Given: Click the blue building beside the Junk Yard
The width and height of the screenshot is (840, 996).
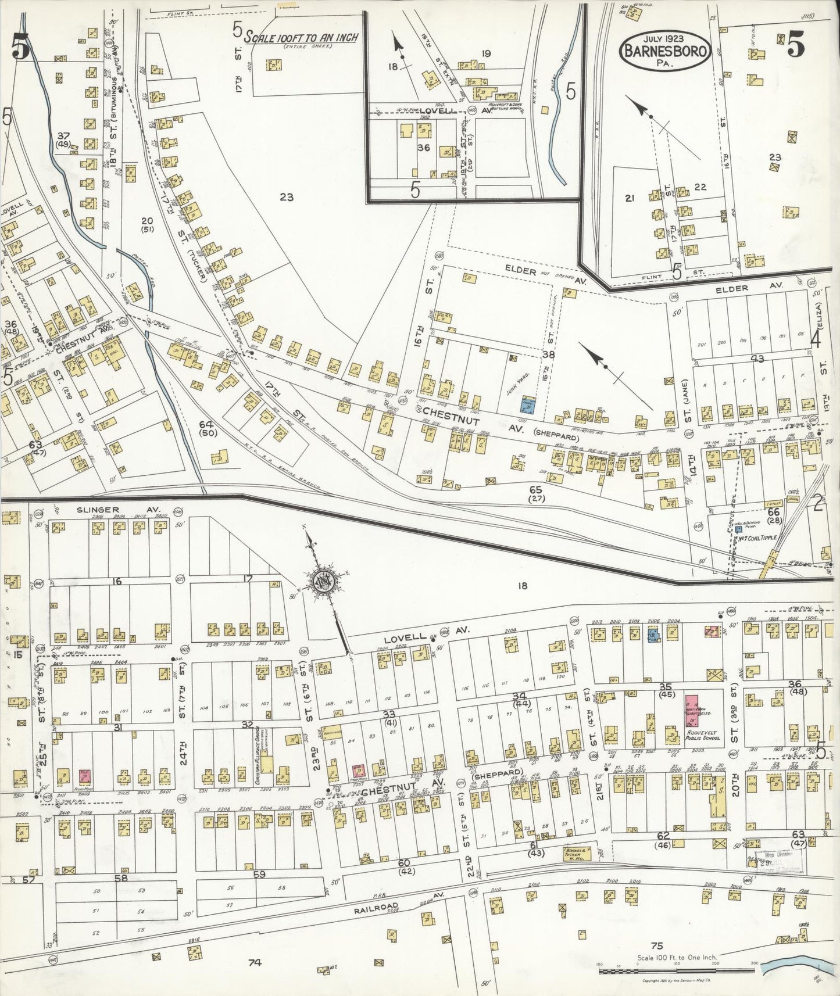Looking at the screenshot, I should pyautogui.click(x=527, y=405).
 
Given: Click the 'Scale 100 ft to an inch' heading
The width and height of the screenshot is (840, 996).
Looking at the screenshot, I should pyautogui.click(x=301, y=38).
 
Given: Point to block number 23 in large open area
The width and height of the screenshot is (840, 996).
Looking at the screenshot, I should pyautogui.click(x=285, y=197).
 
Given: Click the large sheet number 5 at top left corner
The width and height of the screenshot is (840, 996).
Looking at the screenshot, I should pyautogui.click(x=19, y=49).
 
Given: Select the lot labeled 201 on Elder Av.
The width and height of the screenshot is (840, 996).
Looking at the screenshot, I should pyautogui.click(x=705, y=344).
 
